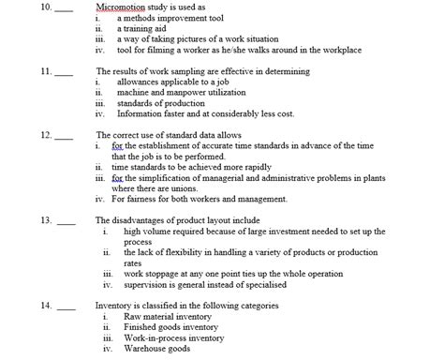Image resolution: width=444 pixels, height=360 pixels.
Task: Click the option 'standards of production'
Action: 157,103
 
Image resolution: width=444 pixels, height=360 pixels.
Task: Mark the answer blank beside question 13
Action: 65,222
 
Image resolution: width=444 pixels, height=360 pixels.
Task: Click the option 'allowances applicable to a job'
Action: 172,82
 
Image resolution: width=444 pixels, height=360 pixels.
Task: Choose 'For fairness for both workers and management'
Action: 199,199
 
